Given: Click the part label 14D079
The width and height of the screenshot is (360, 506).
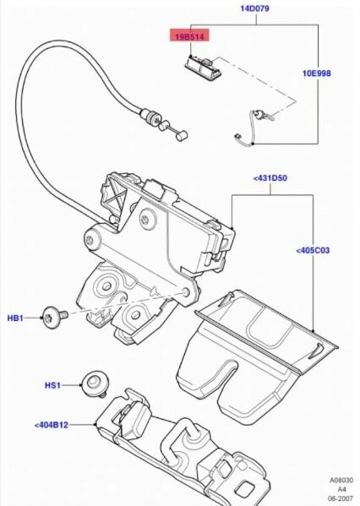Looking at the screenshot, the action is (x=254, y=8).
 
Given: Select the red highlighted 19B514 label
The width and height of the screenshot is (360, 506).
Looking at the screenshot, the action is (x=190, y=35).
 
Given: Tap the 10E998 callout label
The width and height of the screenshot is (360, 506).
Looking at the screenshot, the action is (x=316, y=73).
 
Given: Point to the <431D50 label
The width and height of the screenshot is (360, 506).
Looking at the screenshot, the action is (x=270, y=177).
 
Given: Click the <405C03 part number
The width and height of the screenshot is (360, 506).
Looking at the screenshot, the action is (x=313, y=250).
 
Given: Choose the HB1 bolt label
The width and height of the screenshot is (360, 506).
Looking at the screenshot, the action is (x=15, y=318).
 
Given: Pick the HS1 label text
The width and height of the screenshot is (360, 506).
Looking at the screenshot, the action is (x=52, y=385).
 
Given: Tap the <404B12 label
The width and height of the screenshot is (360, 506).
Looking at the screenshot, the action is (x=52, y=425).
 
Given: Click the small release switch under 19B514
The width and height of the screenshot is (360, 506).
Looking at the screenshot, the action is (x=204, y=66).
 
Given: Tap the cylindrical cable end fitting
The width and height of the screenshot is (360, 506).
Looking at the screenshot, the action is (x=181, y=134).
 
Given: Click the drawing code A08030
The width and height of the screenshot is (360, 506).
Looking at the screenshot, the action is (x=341, y=481).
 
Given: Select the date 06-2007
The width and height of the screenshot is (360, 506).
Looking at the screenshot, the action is (x=341, y=498).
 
